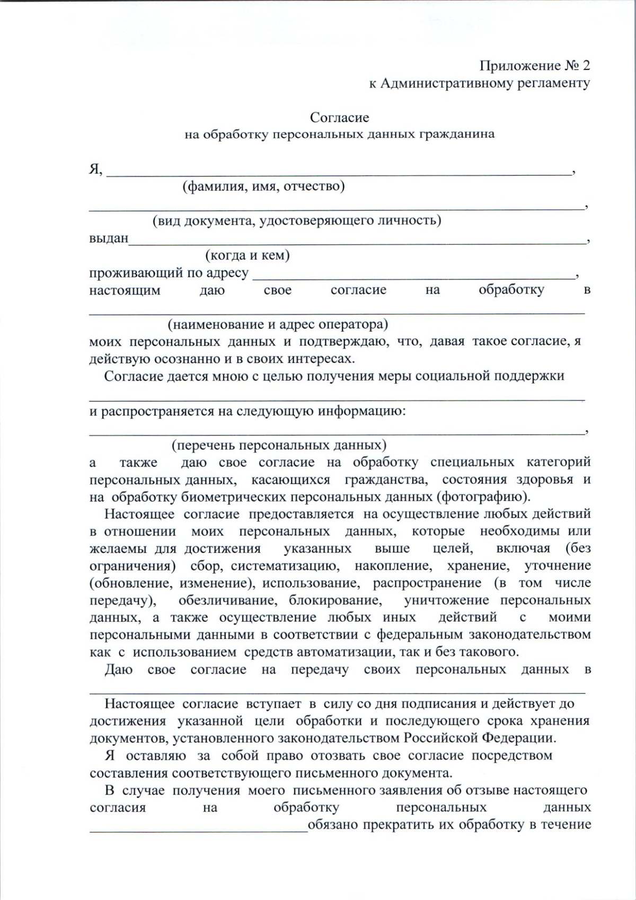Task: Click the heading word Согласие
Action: (339, 117)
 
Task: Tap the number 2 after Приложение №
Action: (585, 66)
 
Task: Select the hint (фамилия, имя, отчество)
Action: (263, 186)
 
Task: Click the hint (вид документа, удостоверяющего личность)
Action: (297, 221)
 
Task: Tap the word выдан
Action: (109, 238)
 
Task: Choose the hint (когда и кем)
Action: (248, 255)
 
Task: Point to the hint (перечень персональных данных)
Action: (279, 445)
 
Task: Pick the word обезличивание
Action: (226, 600)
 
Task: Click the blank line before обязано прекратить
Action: (198, 828)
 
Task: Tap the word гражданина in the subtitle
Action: (457, 134)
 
